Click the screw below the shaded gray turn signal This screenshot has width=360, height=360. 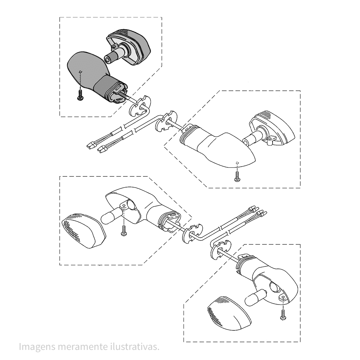pos(80,95)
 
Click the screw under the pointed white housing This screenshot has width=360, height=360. pos(237,176)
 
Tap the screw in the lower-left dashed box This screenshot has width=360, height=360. pos(124,230)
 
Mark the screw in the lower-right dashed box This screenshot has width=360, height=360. pos(283,314)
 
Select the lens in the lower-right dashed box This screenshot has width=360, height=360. pos(229,314)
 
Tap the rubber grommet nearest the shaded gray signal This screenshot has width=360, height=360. pos(140,106)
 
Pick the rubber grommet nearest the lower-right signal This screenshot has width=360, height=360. pos(220,251)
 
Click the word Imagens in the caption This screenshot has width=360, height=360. pos(37,347)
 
